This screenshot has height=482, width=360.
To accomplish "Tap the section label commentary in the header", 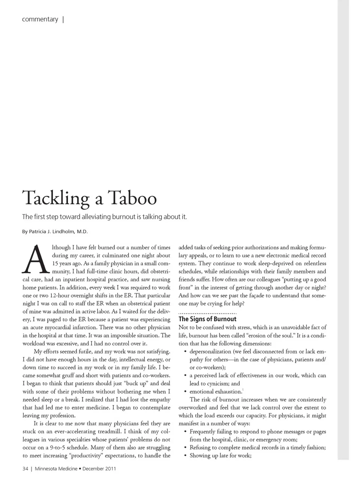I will click(x=40, y=19).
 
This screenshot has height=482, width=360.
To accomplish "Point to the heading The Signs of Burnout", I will click(x=207, y=319).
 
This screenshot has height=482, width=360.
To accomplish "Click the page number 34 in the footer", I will click(x=25, y=468).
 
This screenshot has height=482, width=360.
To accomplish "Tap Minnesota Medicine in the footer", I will click(x=56, y=468).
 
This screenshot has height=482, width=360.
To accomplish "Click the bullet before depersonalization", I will click(x=185, y=352).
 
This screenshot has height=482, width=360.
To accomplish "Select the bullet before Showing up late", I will click(x=185, y=456).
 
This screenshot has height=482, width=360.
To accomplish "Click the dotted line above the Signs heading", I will click(x=207, y=313).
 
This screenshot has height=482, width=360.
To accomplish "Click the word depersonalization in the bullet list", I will click(x=210, y=352).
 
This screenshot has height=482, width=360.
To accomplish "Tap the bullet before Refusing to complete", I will click(x=185, y=447).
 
